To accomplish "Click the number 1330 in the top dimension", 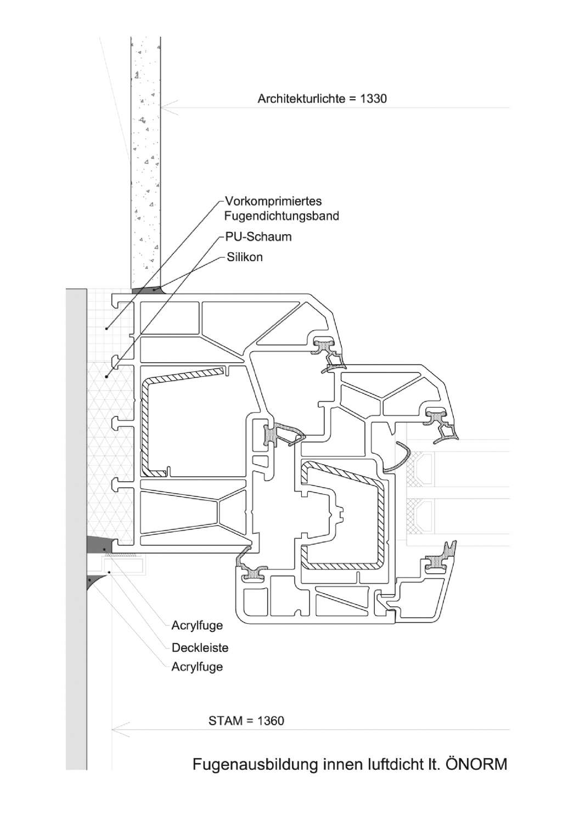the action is (x=374, y=98).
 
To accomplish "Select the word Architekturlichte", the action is (x=301, y=99).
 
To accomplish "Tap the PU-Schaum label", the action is (x=258, y=236).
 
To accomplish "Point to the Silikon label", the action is (x=245, y=257).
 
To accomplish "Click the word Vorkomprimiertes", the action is (x=273, y=201).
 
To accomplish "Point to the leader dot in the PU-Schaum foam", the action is (x=106, y=376).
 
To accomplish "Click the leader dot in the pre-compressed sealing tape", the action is (x=106, y=329).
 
